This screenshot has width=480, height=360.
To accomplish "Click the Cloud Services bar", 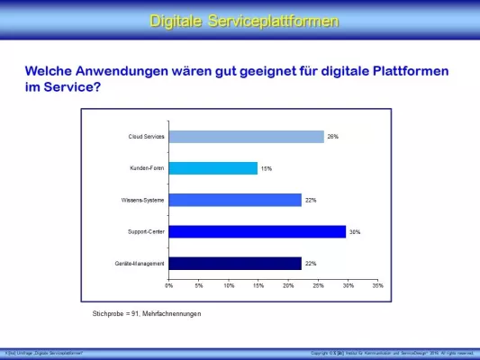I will coord(246,137).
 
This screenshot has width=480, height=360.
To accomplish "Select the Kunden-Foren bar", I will coord(213,168).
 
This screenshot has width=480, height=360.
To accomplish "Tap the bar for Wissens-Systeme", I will coord(235,200).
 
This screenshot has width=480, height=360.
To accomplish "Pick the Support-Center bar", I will coord(258,231).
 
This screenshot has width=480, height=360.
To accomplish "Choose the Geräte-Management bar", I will coord(235,264).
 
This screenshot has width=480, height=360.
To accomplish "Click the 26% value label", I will coord(332,137).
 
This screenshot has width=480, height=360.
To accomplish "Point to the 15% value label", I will coord(266,168).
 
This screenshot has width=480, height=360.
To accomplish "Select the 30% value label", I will coord(355,232).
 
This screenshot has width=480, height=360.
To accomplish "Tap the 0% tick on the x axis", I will coord(169,285).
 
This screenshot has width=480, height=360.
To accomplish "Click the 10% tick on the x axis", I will coord(229,285).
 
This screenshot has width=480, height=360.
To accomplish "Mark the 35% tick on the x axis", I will coord(378,285).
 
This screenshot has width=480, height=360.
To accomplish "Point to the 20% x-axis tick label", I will coord(288,285).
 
